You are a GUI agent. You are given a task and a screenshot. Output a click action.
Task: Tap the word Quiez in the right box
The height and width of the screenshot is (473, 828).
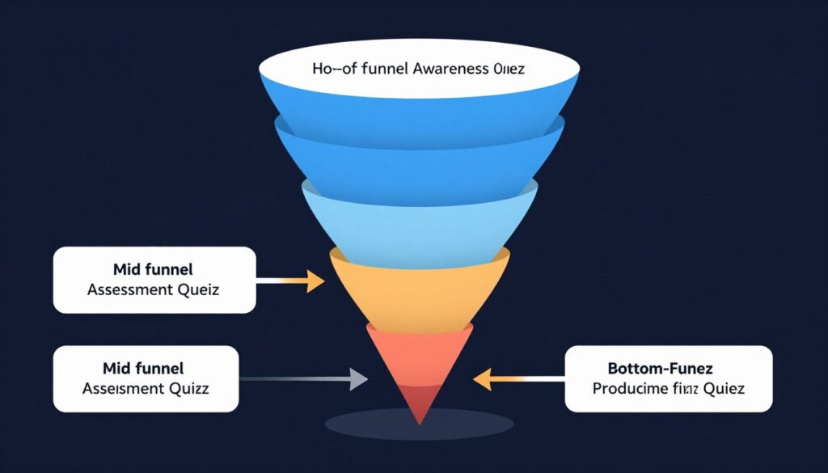(723, 389)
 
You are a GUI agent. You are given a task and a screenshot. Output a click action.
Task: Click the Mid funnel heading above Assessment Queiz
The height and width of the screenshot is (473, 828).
(154, 268)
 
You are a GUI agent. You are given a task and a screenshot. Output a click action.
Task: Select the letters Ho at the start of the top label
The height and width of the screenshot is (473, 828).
(322, 69)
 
